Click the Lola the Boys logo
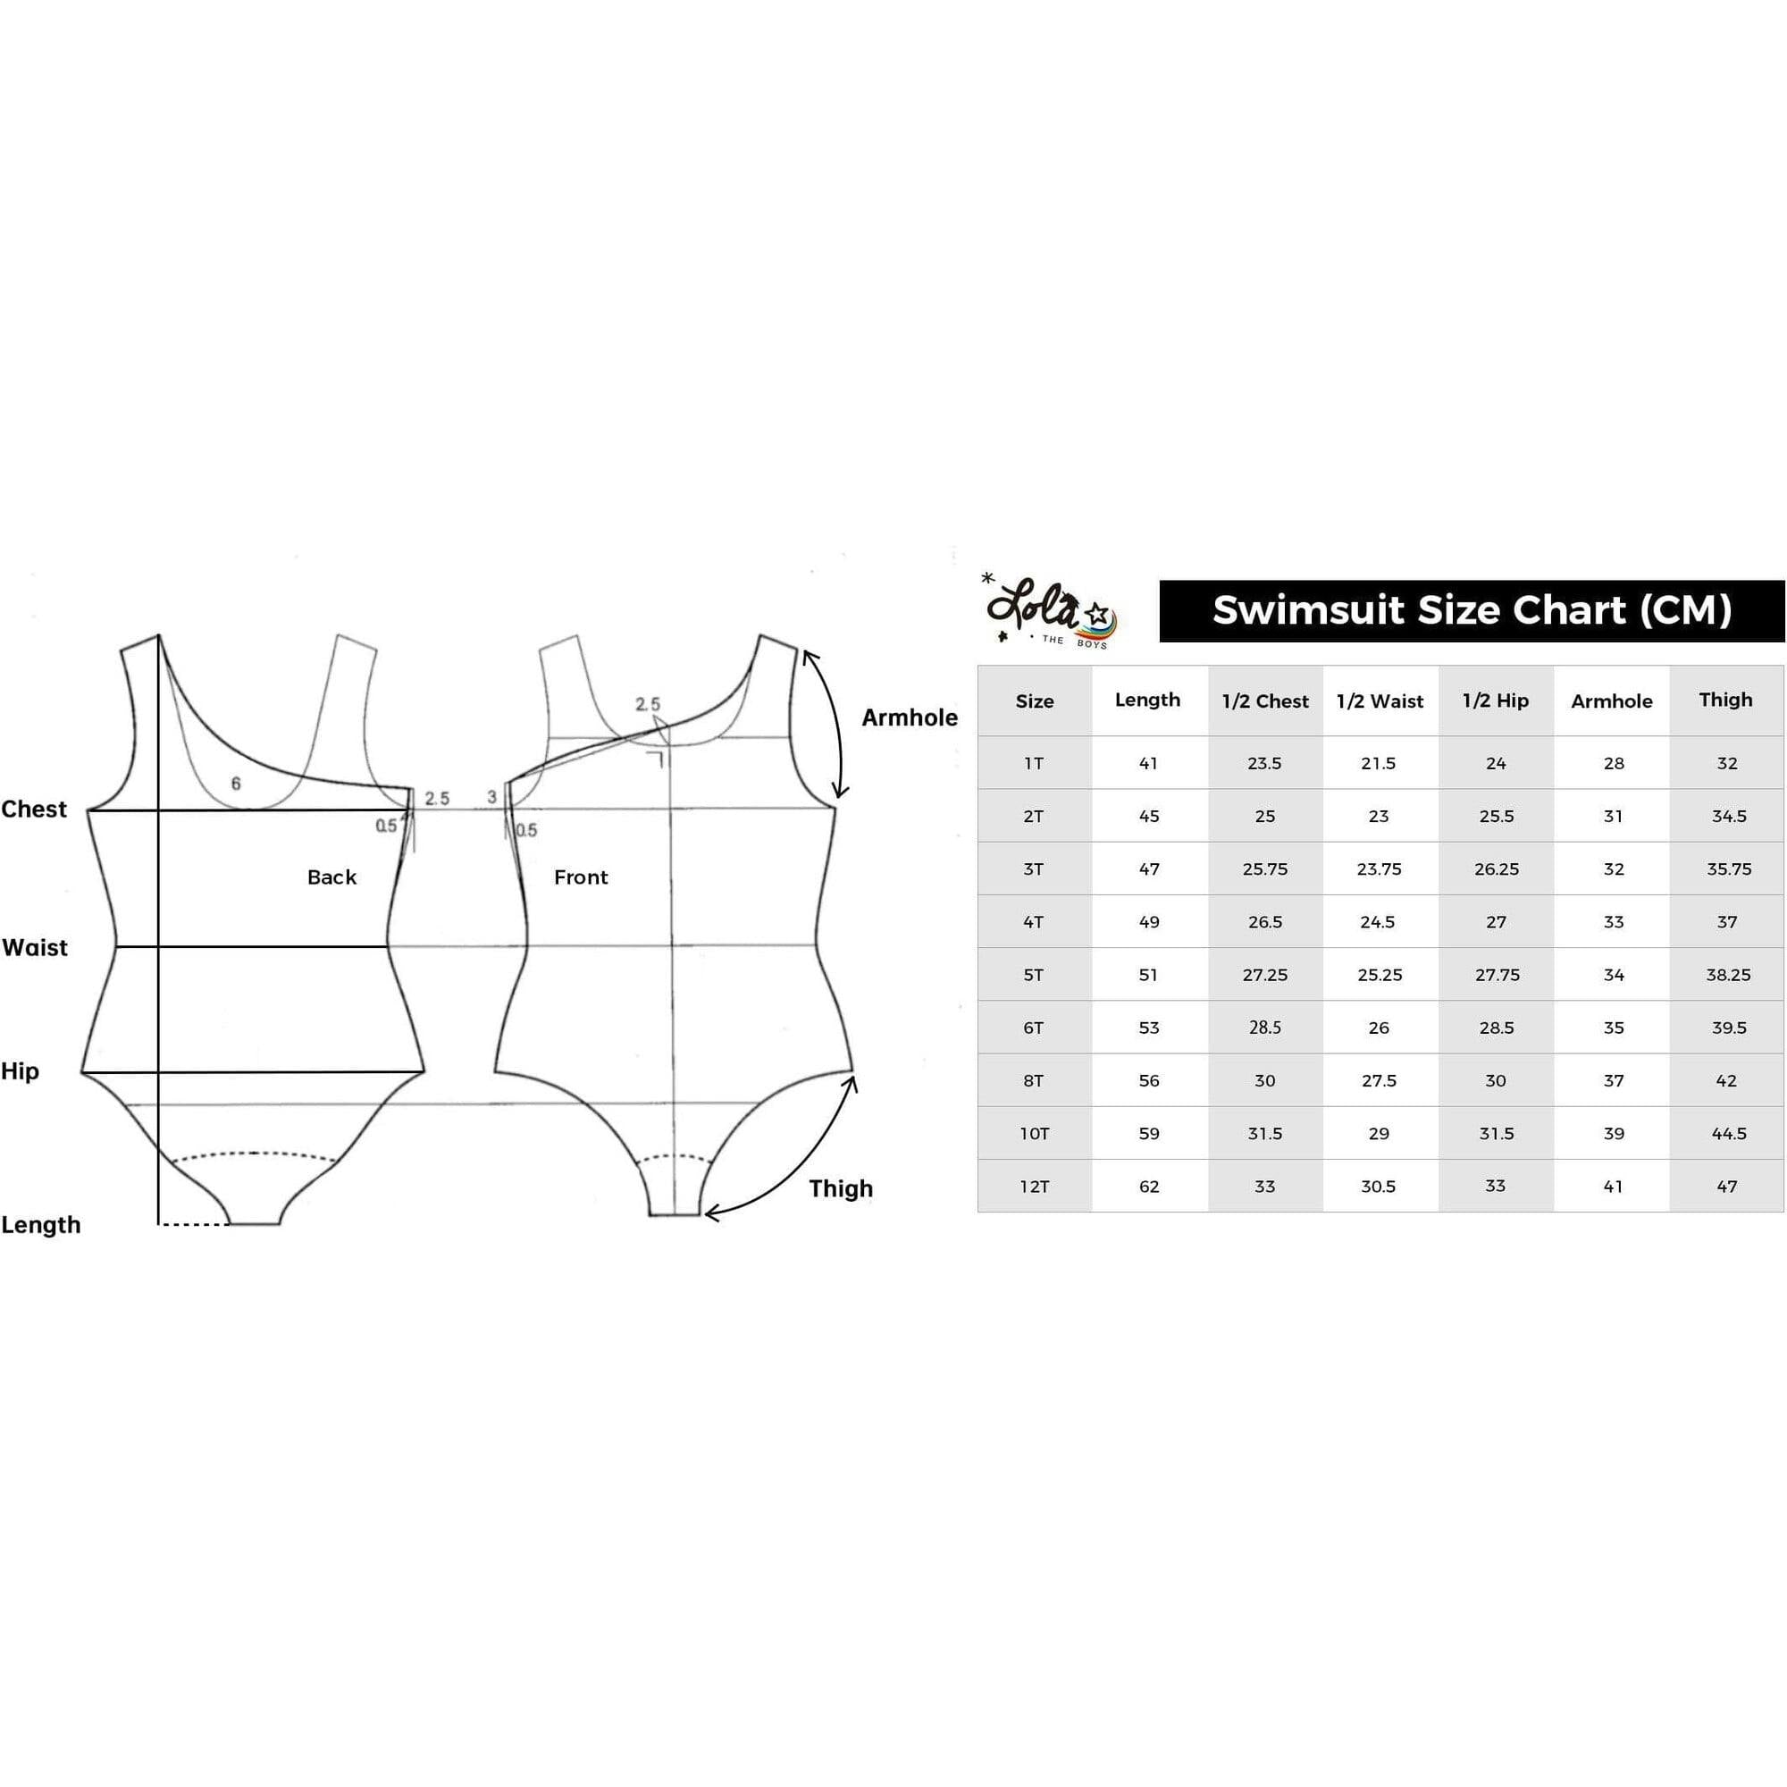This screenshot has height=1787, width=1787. point(1051,610)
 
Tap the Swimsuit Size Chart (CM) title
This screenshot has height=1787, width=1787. point(1472,610)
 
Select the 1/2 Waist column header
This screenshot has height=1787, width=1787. point(1380,701)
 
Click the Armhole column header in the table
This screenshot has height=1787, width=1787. point(1611,701)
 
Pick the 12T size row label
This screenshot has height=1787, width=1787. point(1034,1187)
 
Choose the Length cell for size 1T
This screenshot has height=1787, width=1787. point(1148,764)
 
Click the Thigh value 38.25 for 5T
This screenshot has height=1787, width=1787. point(1728,975)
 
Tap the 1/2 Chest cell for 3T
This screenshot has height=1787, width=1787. point(1264,869)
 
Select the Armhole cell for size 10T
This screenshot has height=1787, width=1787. point(1613,1134)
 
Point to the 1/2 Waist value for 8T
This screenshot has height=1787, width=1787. point(1378,1081)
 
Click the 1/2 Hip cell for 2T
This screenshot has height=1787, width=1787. point(1496,817)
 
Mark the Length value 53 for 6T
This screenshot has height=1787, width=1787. point(1149,1028)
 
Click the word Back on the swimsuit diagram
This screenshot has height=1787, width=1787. point(332,877)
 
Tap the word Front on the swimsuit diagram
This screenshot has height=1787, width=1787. point(581,877)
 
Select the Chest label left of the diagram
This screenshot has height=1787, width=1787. point(34,810)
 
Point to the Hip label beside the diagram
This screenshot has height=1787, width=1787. point(21,1072)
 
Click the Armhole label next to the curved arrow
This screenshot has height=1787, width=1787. point(910,717)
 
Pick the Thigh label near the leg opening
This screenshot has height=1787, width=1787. point(841,1188)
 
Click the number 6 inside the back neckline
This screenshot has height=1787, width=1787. point(236,784)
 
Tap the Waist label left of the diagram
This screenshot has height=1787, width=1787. point(35,948)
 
